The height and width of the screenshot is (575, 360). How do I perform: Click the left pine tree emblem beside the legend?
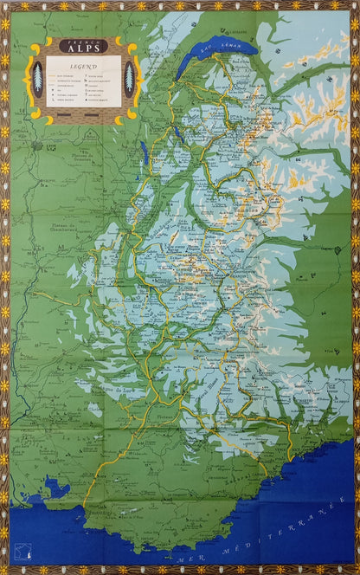(x=36, y=79)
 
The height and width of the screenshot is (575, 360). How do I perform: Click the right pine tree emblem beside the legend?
(x=129, y=79)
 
